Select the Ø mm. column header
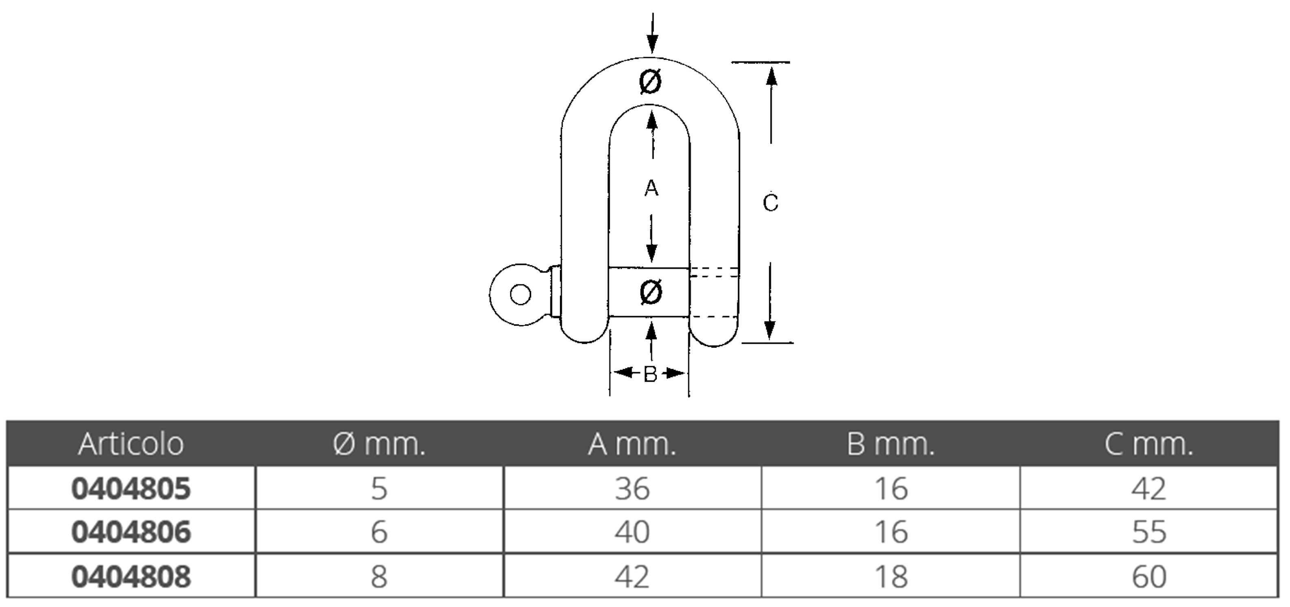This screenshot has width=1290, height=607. tap(379, 444)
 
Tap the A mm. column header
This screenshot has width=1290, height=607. tap(632, 444)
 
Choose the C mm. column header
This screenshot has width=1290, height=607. tap(1149, 444)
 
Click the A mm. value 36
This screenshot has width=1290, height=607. tap(632, 488)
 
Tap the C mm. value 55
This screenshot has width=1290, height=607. tap(1149, 531)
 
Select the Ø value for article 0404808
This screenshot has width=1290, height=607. tap(379, 576)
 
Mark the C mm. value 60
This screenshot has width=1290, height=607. tap(1149, 576)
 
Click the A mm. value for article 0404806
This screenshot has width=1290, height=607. tap(632, 531)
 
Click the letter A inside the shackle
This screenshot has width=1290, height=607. tap(651, 188)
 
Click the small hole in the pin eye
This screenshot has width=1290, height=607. tap(520, 295)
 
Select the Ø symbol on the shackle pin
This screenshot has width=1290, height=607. tap(651, 292)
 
